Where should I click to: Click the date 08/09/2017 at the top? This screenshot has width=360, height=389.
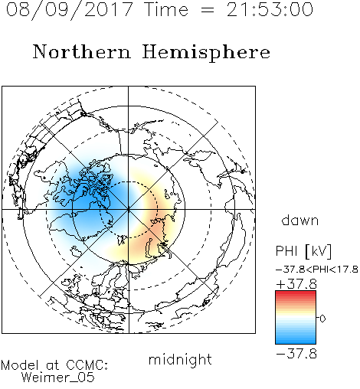(x=69, y=10)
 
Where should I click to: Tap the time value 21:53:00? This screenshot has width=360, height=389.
(x=270, y=9)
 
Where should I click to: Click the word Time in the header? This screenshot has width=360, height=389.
(x=166, y=9)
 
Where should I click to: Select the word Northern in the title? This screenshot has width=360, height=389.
(x=82, y=51)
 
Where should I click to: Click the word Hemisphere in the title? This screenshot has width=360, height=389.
(x=206, y=53)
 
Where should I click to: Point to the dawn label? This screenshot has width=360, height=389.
(x=300, y=220)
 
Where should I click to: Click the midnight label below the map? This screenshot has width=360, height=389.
(x=180, y=359)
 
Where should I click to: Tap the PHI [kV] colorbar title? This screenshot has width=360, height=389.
(x=303, y=251)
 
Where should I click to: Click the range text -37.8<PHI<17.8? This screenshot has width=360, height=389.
(x=317, y=270)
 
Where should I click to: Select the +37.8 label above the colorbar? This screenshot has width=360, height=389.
(x=296, y=284)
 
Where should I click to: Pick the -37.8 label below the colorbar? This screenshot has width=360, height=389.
(x=296, y=354)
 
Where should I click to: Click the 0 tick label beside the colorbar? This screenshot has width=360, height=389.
(x=322, y=319)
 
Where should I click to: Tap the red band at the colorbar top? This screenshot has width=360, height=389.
(x=296, y=294)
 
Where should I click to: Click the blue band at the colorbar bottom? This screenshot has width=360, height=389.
(x=296, y=340)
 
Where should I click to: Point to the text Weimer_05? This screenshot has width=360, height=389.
(x=58, y=378)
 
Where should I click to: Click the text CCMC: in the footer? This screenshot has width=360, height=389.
(x=87, y=365)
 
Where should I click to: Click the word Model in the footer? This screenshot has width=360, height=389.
(x=20, y=365)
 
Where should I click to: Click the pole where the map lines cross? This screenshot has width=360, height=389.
(x=129, y=209)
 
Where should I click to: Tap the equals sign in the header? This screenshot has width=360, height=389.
(x=208, y=10)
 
